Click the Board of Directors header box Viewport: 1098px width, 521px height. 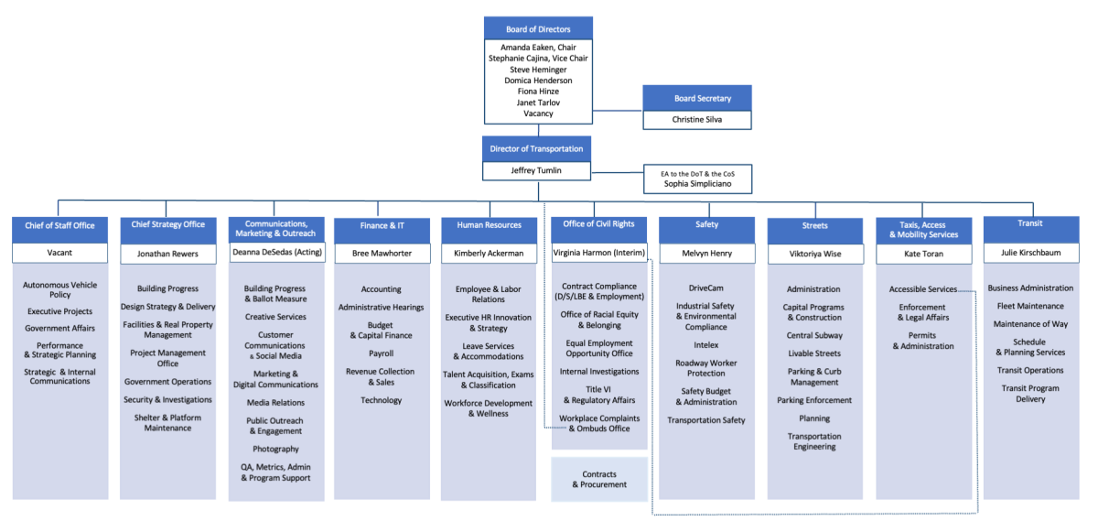tap(538, 28)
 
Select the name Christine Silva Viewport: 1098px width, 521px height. tap(697, 120)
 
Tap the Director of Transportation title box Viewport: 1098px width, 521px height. tap(536, 148)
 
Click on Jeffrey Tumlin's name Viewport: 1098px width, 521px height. tap(535, 171)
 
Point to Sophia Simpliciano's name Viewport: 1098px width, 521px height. tap(698, 184)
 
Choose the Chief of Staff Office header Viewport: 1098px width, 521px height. tap(59, 225)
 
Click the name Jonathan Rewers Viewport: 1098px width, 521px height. tap(167, 253)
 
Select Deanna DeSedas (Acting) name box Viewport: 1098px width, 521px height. tap(275, 253)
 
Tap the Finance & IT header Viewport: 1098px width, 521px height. tap(382, 225)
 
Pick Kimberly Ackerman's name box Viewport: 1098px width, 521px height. tap(488, 253)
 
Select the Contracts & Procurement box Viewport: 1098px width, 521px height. tap(599, 480)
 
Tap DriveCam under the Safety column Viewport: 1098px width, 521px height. tap(705, 288)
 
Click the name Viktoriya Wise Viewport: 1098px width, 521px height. tap(814, 253)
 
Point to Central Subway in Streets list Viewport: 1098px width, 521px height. tap(814, 335)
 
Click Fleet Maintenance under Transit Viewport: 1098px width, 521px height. tap(1030, 307)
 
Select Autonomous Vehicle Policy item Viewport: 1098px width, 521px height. tap(59, 289)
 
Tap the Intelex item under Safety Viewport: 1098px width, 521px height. tap(705, 345)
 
